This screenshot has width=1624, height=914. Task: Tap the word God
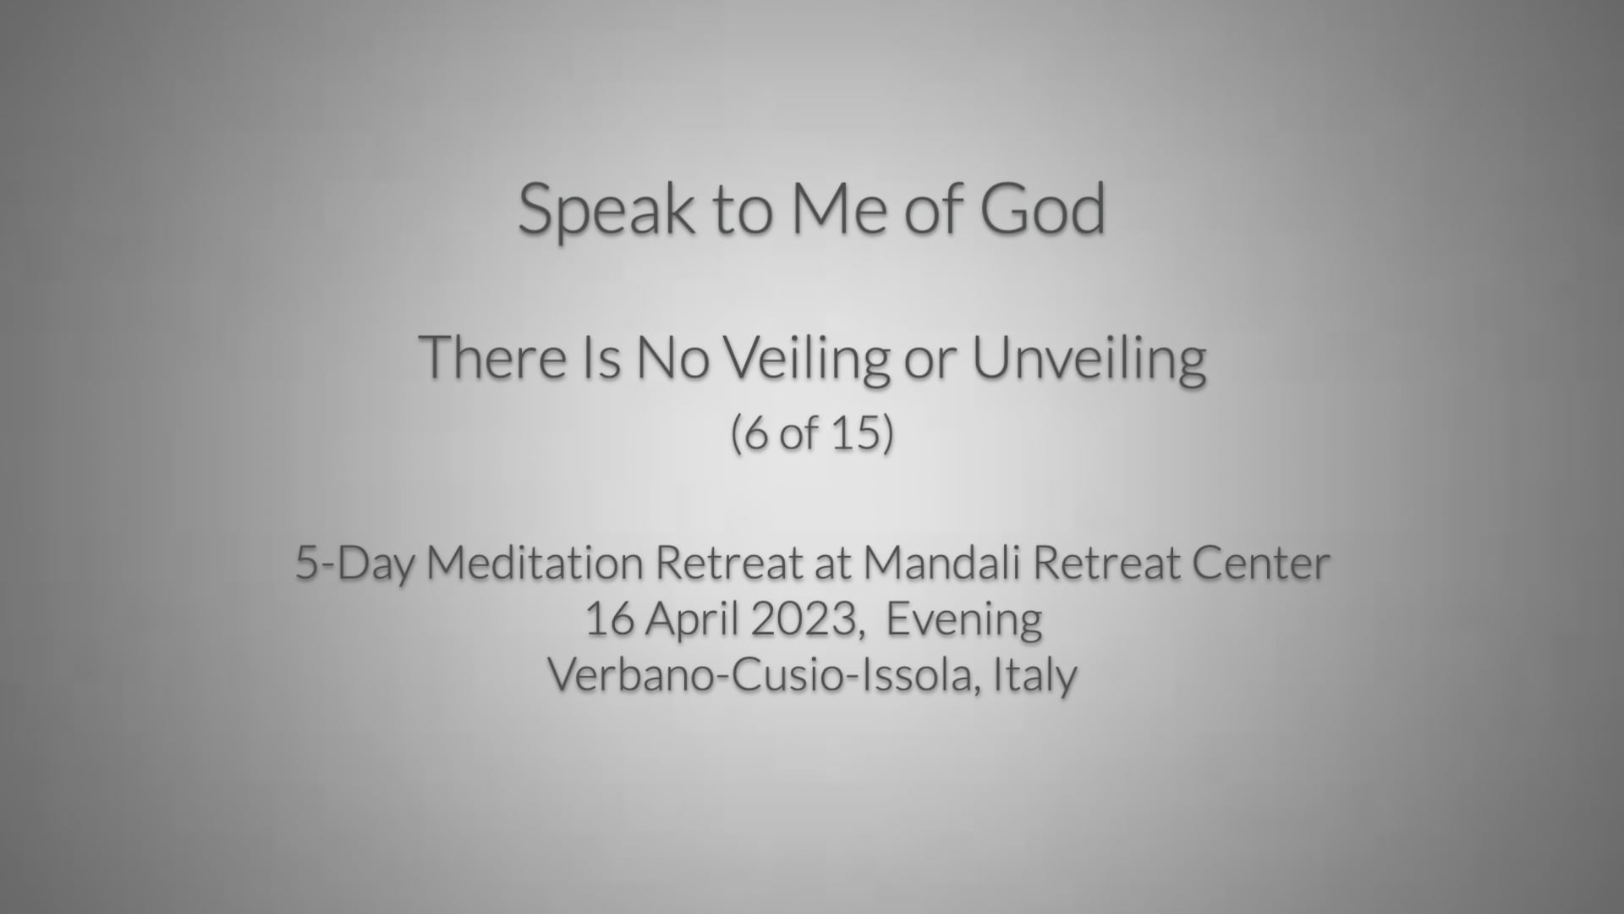[x=1043, y=207]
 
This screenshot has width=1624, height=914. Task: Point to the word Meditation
[x=535, y=563]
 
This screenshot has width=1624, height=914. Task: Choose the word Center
[x=1261, y=564]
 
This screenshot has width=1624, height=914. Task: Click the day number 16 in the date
[x=610, y=619]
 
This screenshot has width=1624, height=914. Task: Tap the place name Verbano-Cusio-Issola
[x=764, y=675]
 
